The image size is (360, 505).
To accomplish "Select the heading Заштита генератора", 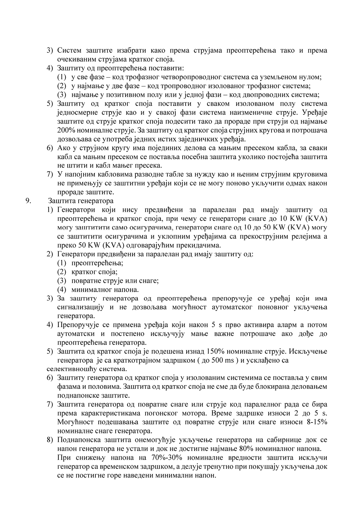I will click(x=81, y=201).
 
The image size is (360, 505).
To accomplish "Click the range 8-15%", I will click(x=316, y=422).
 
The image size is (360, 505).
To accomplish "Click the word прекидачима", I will click(x=202, y=245).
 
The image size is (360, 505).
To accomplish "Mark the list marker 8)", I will click(x=50, y=440).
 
